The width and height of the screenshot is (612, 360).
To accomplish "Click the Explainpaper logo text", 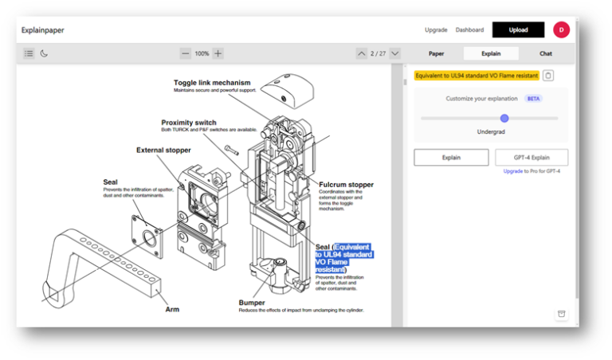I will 43,29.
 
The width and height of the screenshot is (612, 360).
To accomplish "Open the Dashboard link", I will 469,29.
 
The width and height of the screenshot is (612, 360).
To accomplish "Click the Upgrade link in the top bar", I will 436,29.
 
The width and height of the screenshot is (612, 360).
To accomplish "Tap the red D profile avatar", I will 561,29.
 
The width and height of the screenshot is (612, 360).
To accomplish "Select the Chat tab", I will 546,53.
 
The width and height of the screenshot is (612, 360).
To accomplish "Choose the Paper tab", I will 436,53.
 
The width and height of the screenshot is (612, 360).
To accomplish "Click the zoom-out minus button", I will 186,53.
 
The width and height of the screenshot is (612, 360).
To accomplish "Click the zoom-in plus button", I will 218,53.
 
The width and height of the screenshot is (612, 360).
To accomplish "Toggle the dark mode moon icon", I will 45,53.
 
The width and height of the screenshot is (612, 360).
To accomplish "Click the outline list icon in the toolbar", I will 29,53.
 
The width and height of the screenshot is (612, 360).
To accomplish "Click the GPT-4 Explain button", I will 532,158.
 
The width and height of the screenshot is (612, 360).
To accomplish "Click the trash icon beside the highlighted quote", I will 548,76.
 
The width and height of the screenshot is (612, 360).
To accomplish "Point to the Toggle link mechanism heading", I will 212,82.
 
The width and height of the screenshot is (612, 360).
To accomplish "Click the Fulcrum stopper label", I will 346,185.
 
